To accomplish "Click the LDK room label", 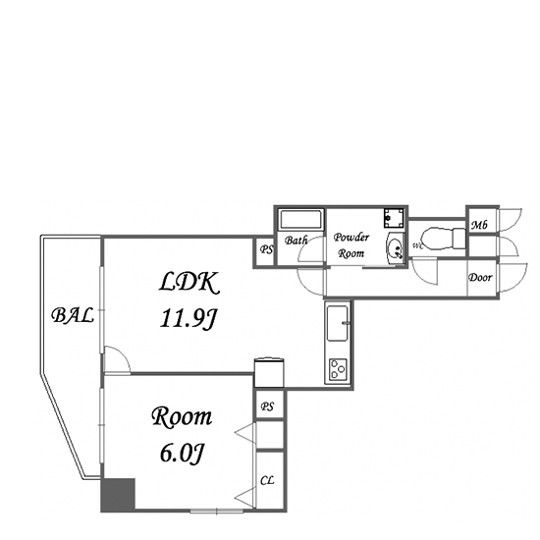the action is click(189, 282).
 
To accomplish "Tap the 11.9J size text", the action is click(189, 319).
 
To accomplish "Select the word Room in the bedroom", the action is click(182, 417).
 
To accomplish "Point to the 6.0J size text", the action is click(183, 453).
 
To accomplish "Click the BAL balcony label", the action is click(73, 315).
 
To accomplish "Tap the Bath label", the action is click(296, 240).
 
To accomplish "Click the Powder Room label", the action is click(351, 245).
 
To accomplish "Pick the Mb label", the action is click(479, 225).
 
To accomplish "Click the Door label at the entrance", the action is click(480, 278).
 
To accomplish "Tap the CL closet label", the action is click(267, 480).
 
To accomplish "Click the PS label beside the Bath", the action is click(266, 249).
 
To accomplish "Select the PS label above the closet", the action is click(267, 406).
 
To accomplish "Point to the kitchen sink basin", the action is click(337, 323).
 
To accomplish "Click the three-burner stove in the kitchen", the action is click(338, 369).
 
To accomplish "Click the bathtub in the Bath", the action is click(300, 219).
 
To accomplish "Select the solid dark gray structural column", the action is click(118, 494).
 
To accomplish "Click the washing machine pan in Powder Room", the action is click(394, 218).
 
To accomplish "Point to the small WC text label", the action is click(416, 245).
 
